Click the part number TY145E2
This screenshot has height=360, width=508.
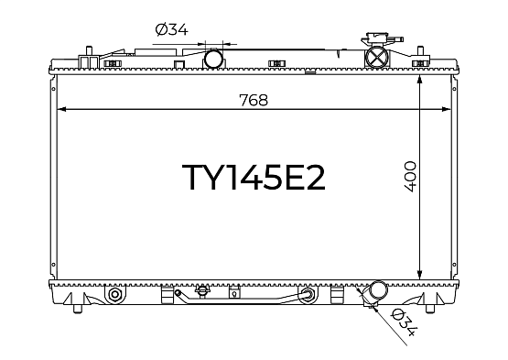tap(254, 177)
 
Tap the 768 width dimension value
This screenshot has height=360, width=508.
tap(254, 100)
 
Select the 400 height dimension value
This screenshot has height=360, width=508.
tap(410, 177)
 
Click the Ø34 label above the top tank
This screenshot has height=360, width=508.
tap(171, 29)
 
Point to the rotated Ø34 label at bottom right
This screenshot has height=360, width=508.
tap(404, 322)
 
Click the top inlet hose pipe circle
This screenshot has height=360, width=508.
tap(214, 59)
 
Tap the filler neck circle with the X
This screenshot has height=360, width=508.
tap(376, 58)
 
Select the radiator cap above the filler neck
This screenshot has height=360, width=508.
tap(382, 39)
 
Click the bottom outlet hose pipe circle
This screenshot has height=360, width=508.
tap(378, 290)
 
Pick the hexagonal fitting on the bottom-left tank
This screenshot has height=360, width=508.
tap(114, 294)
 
